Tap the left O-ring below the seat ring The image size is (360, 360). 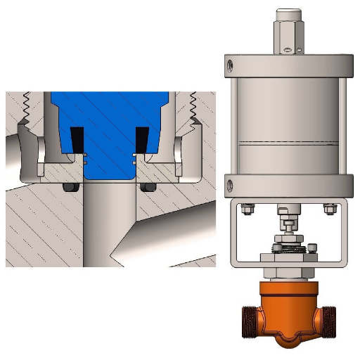click(x=68, y=187)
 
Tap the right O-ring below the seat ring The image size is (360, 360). click(x=149, y=187)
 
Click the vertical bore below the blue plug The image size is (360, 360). click(x=108, y=225)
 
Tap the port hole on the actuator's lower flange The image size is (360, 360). click(x=230, y=186)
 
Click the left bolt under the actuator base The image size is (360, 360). click(x=247, y=209)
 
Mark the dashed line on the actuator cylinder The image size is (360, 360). click(x=288, y=144)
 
